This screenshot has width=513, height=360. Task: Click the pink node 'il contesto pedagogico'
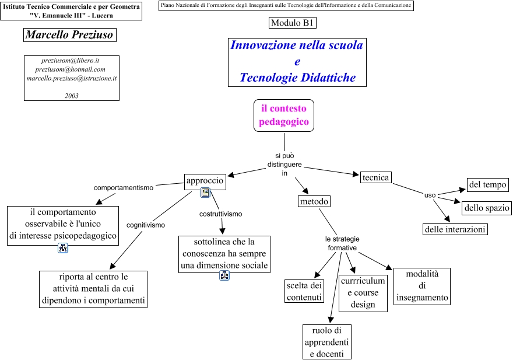(284, 115)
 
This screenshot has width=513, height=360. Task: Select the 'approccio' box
(205, 181)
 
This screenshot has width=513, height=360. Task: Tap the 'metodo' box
(314, 201)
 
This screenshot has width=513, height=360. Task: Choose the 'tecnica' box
(375, 177)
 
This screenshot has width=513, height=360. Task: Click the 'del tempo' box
(488, 185)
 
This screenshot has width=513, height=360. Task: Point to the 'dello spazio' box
(487, 207)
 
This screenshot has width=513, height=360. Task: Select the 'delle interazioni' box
(455, 229)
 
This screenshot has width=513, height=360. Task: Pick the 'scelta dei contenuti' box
(304, 291)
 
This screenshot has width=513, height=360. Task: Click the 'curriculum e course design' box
(363, 292)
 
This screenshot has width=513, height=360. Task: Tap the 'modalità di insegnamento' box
(422, 286)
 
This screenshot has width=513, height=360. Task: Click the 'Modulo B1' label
(293, 23)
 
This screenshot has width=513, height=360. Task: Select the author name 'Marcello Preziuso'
(69, 35)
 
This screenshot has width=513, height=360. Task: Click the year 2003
(72, 96)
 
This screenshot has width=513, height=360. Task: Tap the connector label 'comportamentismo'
(124, 188)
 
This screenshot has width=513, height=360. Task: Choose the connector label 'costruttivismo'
(220, 214)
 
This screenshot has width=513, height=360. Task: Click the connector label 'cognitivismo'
(146, 225)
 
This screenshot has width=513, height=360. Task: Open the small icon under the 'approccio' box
(205, 193)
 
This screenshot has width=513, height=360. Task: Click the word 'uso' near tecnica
(430, 195)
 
